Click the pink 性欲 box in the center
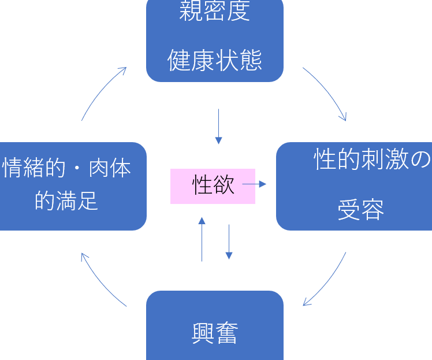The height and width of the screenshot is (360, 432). [213, 186]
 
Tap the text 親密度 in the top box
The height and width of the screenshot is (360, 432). [215, 12]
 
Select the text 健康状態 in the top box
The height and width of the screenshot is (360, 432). [215, 60]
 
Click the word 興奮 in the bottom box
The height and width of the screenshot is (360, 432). [215, 333]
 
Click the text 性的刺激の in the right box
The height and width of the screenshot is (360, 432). [372, 159]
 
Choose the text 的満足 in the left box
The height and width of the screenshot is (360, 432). [66, 201]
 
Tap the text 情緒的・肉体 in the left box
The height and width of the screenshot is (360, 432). [67, 168]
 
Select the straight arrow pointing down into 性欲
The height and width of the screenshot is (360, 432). [218, 126]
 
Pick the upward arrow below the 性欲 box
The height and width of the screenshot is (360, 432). [202, 239]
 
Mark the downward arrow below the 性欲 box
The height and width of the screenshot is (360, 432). [229, 242]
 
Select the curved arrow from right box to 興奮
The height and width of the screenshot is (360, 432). [327, 281]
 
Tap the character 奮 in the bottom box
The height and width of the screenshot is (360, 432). [226, 333]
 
